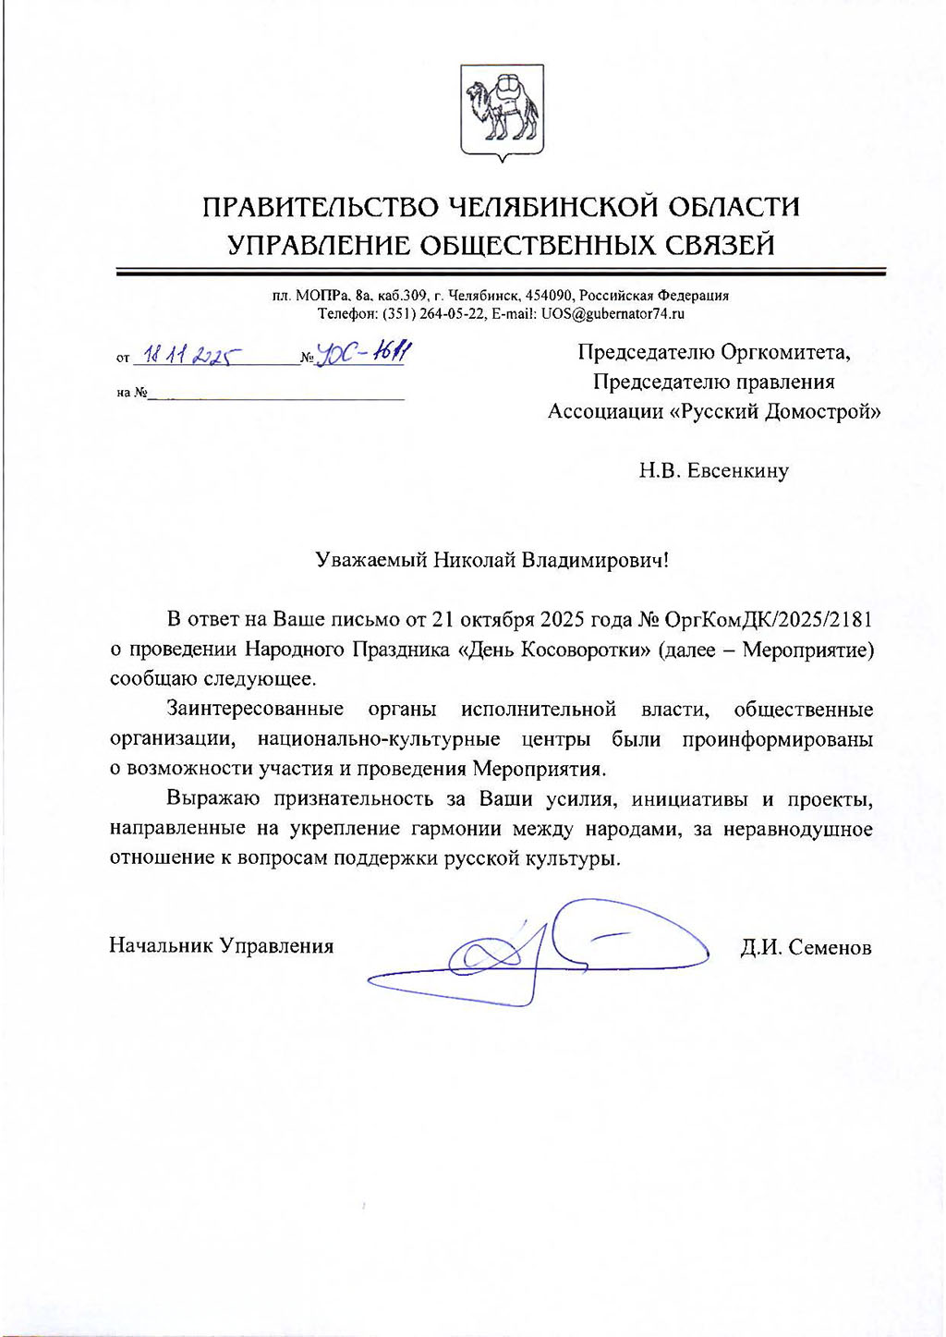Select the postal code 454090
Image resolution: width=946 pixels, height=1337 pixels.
[x=550, y=296]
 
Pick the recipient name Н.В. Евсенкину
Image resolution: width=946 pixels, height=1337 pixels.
[x=713, y=471]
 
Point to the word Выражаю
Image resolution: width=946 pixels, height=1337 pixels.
[x=212, y=798]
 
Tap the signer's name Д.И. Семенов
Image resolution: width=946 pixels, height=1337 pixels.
[x=806, y=947]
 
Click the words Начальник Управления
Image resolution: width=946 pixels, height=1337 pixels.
[x=222, y=945]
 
